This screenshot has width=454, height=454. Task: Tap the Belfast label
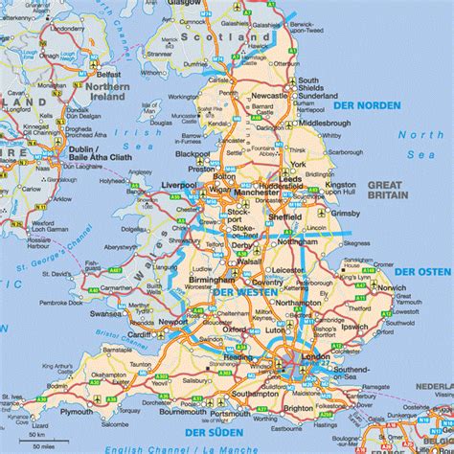108,73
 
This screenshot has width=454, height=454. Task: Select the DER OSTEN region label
423,273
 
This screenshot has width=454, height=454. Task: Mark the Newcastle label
270,96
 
